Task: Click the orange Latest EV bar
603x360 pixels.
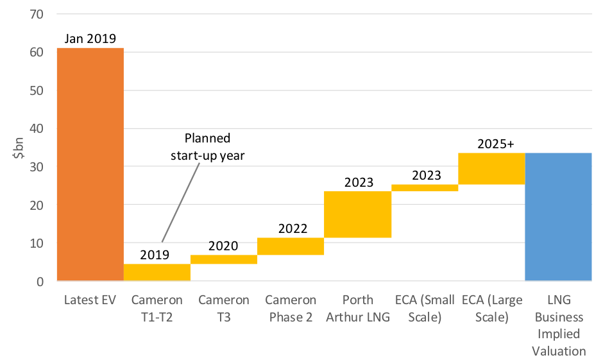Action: point(90,164)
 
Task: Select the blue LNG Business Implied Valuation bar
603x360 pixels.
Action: point(557,217)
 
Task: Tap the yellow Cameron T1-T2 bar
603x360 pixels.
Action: point(157,272)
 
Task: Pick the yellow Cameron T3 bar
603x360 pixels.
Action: point(224,259)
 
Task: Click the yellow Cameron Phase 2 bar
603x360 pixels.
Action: point(291,246)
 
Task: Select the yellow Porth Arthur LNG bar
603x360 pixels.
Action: point(357,214)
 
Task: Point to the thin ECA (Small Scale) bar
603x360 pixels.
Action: point(424,187)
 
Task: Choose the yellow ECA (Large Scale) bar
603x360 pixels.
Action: point(491,168)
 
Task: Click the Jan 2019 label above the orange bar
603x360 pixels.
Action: point(90,39)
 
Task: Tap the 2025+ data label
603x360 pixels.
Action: point(496,144)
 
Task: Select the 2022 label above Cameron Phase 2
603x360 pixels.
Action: point(293,228)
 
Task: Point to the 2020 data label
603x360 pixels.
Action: point(223,246)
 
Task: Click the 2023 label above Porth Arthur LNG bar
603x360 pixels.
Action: point(358,182)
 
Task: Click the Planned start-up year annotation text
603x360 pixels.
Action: point(209,147)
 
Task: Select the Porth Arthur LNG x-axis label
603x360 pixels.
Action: point(357,308)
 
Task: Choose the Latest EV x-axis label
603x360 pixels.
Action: point(90,300)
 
